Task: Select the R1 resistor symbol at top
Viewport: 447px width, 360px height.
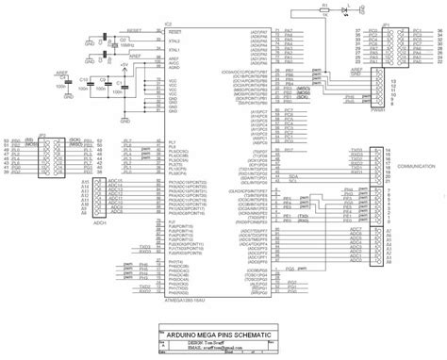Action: click(x=323, y=10)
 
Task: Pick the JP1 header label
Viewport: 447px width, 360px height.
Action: click(x=387, y=27)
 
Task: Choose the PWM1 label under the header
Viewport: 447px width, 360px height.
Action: click(x=380, y=110)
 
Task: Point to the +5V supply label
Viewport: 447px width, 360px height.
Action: click(x=124, y=62)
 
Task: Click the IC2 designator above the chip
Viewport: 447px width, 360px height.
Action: click(x=168, y=24)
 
